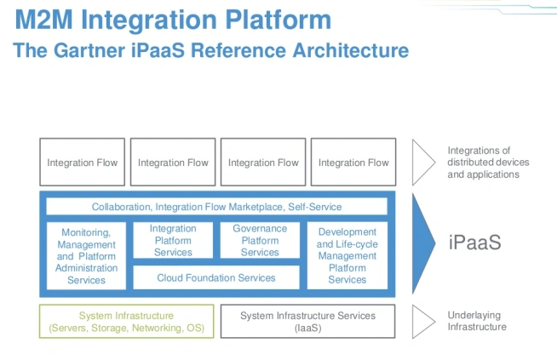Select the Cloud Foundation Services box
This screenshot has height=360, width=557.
tap(216, 277)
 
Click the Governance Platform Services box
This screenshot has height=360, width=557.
tap(260, 241)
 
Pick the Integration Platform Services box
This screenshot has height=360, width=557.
tap(173, 241)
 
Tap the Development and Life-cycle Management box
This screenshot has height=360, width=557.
tap(347, 255)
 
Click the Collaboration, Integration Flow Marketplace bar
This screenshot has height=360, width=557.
tap(216, 207)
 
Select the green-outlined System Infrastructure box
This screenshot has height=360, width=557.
tap(127, 321)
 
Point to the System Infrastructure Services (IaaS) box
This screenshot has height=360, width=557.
tap(307, 321)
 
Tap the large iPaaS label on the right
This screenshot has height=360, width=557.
tap(474, 243)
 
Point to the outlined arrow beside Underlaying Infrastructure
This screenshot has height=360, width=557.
tap(423, 321)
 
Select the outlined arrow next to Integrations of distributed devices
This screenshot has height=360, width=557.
tap(423, 163)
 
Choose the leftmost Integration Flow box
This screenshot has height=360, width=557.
tap(83, 163)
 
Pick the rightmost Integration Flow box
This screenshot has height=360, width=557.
tap(353, 163)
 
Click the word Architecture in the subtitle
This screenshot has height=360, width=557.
tap(347, 49)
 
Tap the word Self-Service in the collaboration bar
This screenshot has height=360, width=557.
tap(314, 207)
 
